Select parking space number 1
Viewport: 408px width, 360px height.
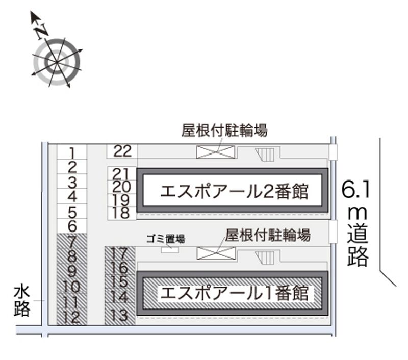(72, 152)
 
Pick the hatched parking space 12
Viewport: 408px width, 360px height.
(72, 318)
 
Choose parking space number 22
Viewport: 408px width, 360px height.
(122, 151)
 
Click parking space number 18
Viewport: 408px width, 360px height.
(121, 213)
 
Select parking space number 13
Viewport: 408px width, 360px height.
(120, 316)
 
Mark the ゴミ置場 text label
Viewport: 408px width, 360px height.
(165, 238)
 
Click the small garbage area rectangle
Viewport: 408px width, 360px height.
(170, 249)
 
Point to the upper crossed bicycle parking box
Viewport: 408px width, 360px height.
(216, 152)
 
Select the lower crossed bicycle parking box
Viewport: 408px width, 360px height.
(216, 253)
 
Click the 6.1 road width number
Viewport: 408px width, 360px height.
(355, 190)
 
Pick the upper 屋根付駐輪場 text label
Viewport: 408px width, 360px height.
(224, 131)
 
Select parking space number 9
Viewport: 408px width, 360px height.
(72, 272)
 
